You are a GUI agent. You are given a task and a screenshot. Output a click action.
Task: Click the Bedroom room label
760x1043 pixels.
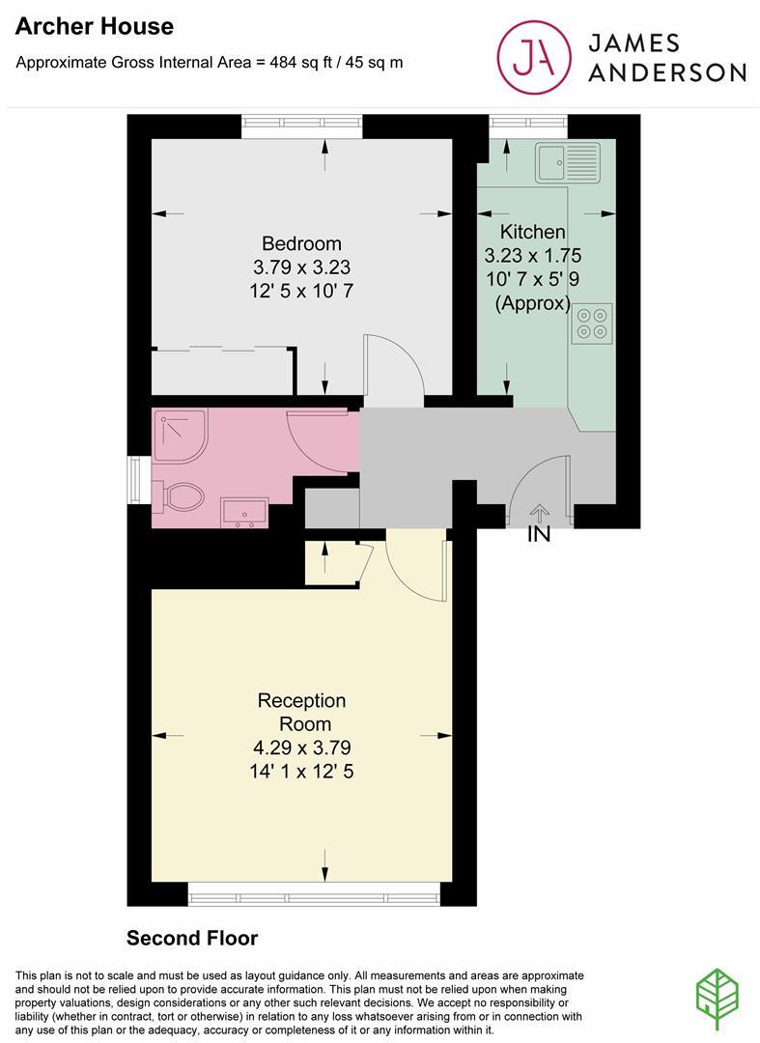coord(302,243)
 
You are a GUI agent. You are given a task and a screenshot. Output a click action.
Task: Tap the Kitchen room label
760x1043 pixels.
coord(532,233)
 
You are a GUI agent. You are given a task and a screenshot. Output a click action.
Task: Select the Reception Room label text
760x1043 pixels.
coord(302,712)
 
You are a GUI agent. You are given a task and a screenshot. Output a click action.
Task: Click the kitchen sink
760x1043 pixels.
coord(568,163)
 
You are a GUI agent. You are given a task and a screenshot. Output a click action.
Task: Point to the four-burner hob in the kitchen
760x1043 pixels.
coord(593,323)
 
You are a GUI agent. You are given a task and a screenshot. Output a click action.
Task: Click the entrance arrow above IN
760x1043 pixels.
coord(539,512)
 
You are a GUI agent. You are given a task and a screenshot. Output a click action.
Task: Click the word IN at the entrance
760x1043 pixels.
coord(539,534)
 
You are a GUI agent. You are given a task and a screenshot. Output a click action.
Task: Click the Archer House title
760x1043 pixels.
coord(95,27)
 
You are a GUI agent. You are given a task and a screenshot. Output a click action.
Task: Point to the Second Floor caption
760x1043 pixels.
coord(192,938)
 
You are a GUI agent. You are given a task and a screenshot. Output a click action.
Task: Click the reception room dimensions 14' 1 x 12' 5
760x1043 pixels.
coord(302,771)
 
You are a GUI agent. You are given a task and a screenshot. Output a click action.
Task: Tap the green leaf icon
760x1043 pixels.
coord(718,994)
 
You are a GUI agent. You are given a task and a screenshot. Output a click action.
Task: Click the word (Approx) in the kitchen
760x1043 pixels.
coord(532,302)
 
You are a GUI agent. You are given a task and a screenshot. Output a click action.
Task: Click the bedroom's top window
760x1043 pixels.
coord(302,122)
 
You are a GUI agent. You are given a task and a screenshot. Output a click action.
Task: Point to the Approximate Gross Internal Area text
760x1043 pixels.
coord(210,63)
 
